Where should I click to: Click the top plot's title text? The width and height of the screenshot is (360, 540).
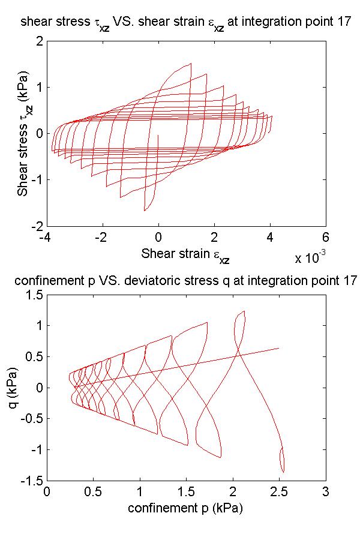point(185,23)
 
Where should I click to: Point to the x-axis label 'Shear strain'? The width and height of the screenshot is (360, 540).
point(185,254)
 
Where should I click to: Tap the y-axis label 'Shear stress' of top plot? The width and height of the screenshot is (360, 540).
point(23,133)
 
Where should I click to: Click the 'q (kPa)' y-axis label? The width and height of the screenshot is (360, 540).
point(23,387)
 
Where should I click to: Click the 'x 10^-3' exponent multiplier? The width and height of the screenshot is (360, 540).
point(310,258)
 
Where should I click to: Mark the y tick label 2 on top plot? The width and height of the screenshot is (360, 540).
point(39,41)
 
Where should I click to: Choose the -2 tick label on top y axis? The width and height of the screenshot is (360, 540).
point(37,226)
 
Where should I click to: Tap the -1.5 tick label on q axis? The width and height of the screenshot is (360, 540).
point(32,481)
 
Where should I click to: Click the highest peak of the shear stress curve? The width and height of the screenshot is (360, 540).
point(190,64)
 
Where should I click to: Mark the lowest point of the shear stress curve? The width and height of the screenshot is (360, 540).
point(145,211)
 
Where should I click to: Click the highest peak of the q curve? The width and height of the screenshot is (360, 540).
point(244,311)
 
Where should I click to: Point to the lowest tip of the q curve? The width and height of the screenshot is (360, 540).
point(283,472)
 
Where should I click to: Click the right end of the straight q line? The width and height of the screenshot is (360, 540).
point(278,348)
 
